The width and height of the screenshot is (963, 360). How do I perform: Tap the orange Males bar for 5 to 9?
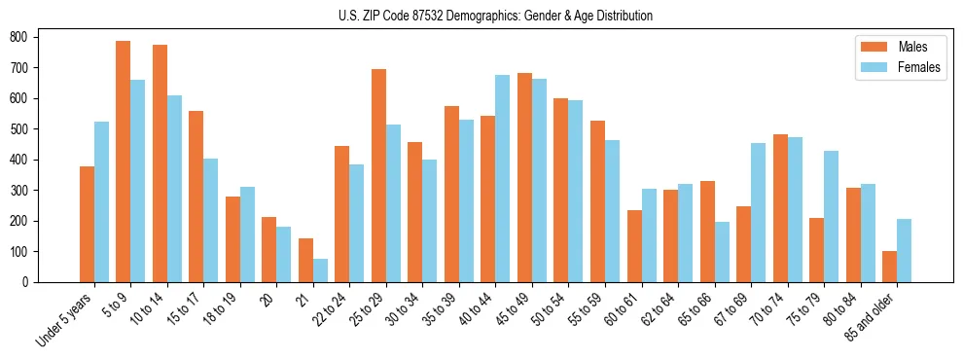[124, 162]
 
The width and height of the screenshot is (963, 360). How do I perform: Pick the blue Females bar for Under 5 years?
[101, 201]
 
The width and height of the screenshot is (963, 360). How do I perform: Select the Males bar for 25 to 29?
[378, 175]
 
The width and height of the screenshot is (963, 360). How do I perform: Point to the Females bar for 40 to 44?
[503, 178]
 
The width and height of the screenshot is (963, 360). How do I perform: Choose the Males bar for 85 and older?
[889, 267]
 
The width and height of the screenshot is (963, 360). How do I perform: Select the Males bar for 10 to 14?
[160, 163]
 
